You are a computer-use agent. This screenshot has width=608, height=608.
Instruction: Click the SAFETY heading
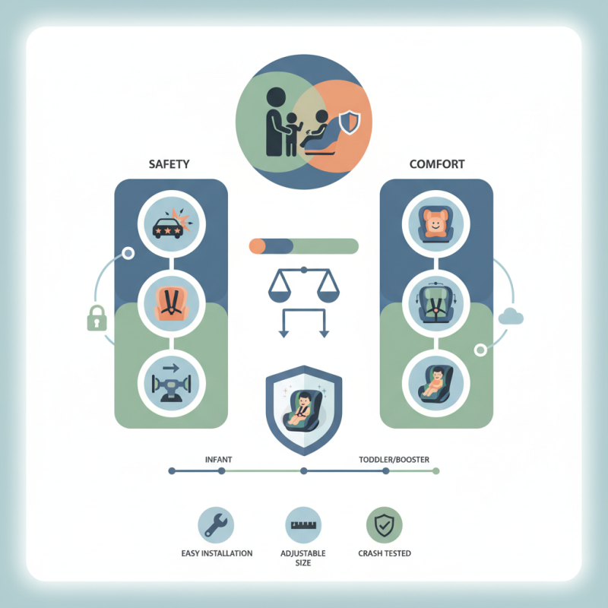point(170,163)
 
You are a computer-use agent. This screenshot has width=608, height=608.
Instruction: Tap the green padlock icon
point(96,318)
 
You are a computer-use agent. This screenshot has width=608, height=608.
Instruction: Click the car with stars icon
point(170,223)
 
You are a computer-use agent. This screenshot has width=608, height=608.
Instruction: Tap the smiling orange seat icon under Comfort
point(435,223)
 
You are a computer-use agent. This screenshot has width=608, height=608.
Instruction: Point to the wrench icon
point(215,524)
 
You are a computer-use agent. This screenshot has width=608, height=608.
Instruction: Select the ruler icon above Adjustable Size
point(303,524)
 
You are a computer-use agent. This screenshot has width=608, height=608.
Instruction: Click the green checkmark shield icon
point(384,524)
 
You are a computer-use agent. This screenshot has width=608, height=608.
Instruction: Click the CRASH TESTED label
point(384,553)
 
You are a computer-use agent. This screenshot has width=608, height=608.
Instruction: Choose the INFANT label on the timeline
point(219,460)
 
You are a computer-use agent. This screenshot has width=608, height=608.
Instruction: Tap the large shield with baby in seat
point(303,407)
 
